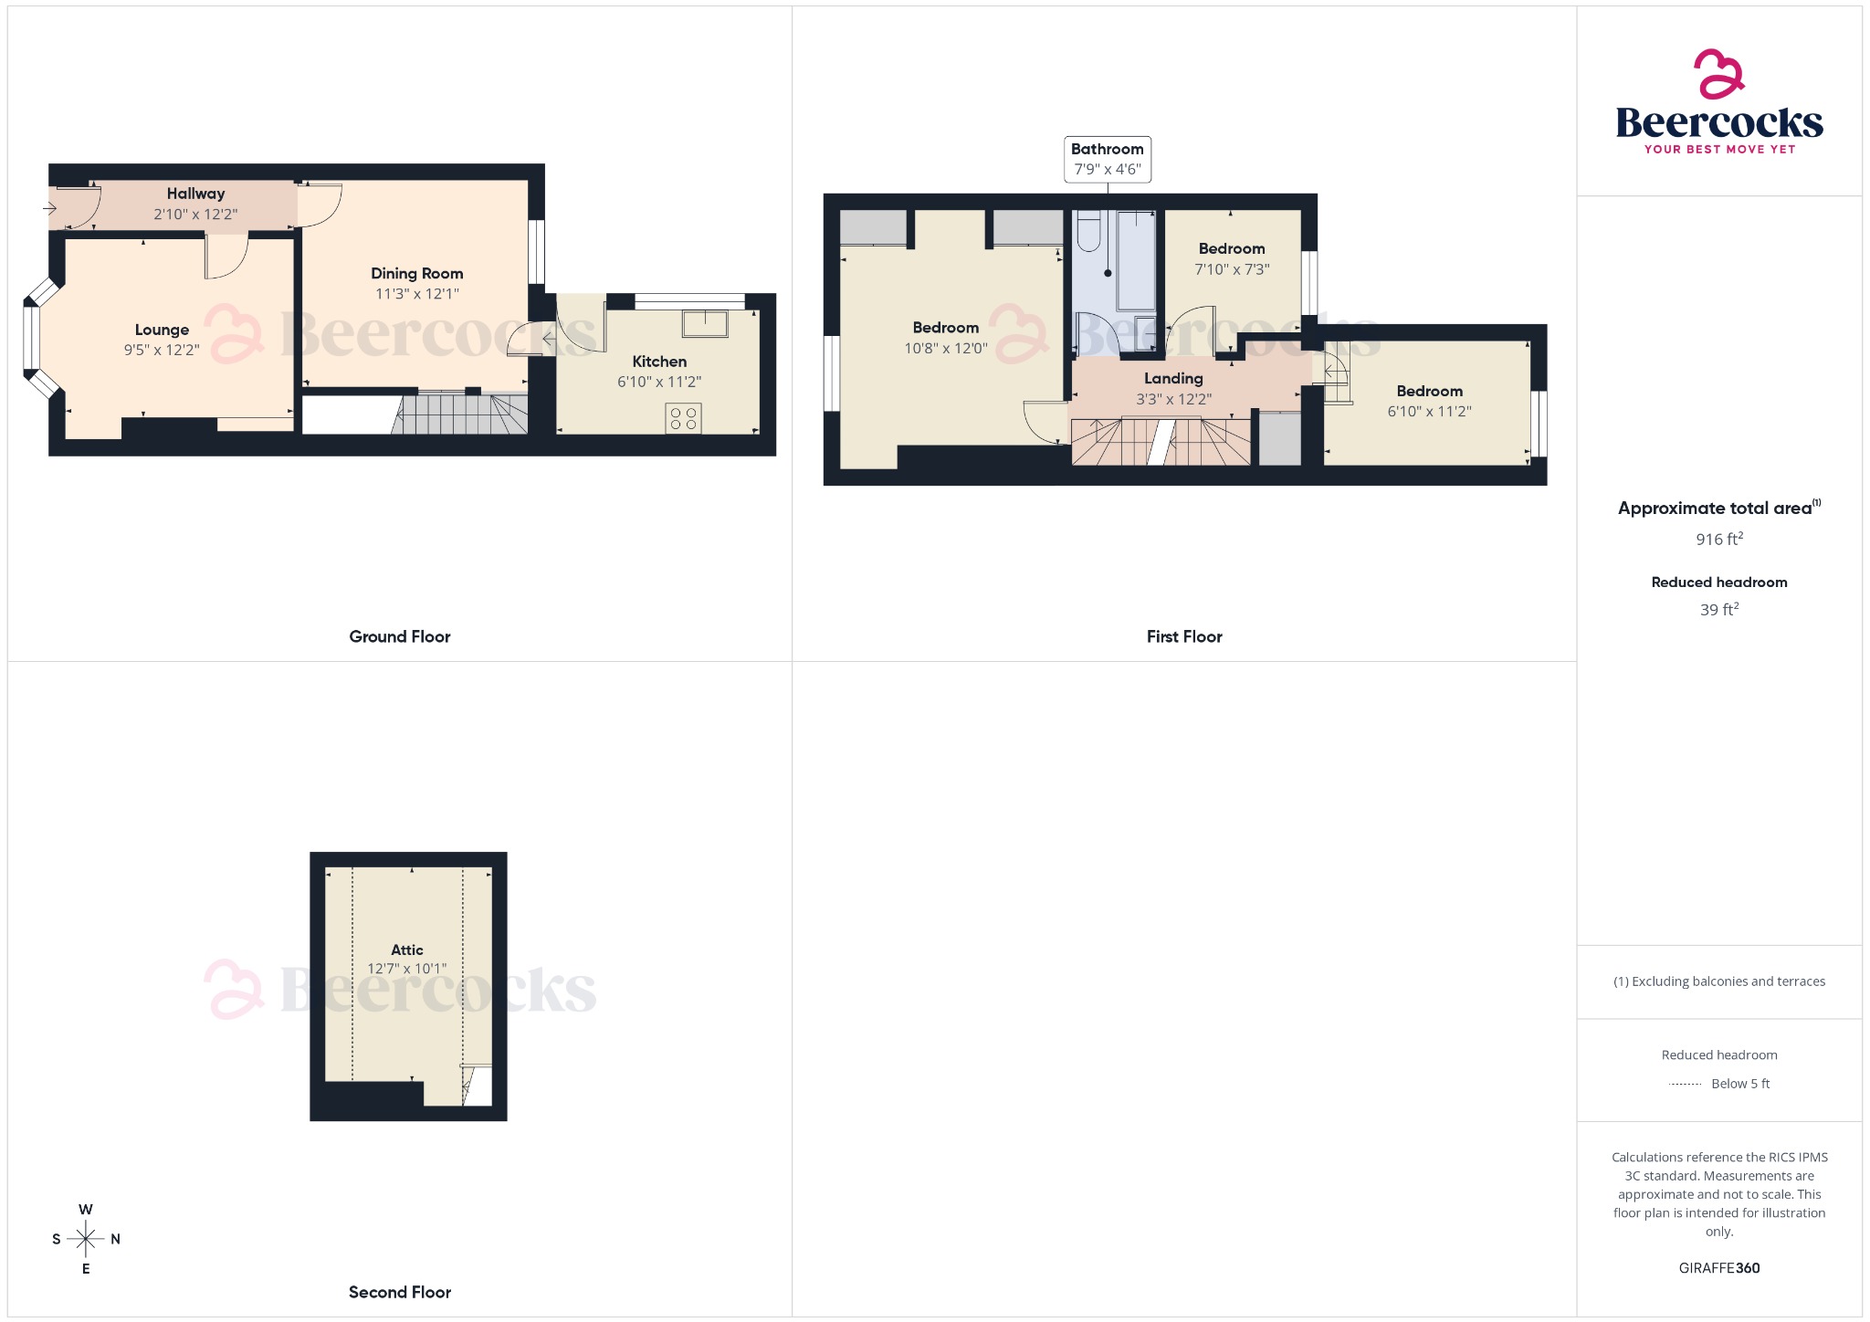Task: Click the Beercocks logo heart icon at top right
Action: (x=1719, y=74)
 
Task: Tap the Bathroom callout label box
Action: (x=1107, y=159)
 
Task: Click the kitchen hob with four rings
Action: (x=683, y=418)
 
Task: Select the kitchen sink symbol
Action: (x=704, y=323)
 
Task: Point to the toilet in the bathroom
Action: (x=1088, y=232)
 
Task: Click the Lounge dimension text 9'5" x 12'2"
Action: (x=162, y=350)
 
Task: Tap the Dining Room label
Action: (x=416, y=273)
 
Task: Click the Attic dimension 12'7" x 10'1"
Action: (x=407, y=969)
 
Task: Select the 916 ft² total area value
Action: (x=1718, y=539)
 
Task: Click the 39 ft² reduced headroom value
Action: (x=1718, y=609)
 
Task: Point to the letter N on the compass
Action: (x=115, y=1239)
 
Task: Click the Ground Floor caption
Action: (x=399, y=636)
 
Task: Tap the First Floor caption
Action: (x=1183, y=636)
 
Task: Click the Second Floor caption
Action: (x=399, y=1292)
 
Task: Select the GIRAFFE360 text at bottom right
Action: (x=1718, y=1267)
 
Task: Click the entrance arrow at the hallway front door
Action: (x=50, y=208)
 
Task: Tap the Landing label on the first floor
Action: (x=1173, y=378)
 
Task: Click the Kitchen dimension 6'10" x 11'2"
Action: (x=659, y=382)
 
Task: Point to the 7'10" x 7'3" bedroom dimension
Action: (x=1232, y=269)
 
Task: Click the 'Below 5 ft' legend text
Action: (x=1739, y=1084)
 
